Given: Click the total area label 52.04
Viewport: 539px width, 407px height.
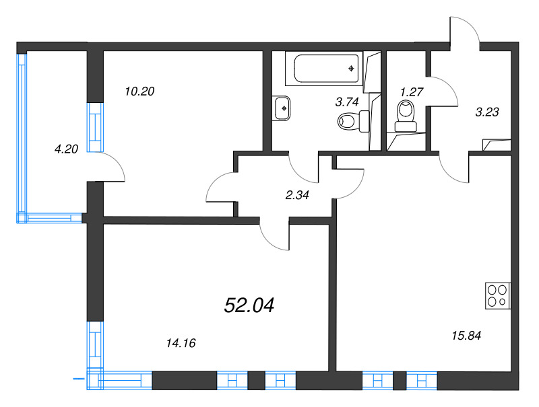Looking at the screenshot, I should [249, 306].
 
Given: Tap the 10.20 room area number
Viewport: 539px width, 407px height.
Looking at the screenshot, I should [140, 91].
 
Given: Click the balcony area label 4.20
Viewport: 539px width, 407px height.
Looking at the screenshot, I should [67, 149].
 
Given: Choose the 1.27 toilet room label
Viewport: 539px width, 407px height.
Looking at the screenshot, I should [410, 91].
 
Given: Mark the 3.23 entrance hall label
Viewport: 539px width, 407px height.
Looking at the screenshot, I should [486, 112].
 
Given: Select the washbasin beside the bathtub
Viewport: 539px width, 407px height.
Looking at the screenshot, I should [282, 108].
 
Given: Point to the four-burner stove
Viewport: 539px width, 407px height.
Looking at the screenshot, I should [499, 295].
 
